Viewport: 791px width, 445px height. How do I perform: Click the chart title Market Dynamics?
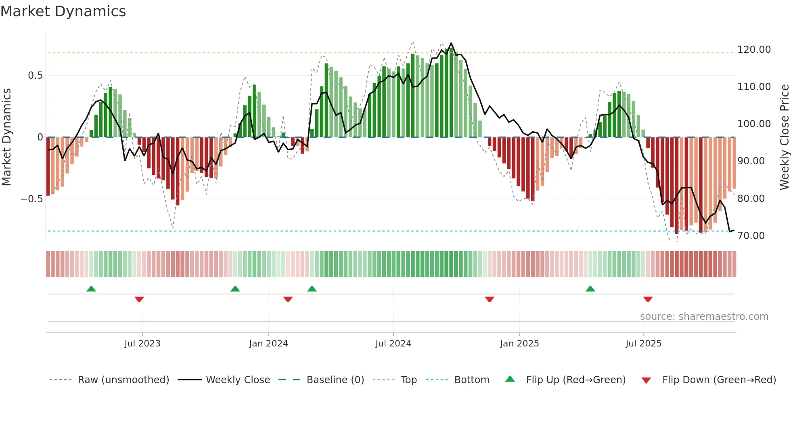point(63,11)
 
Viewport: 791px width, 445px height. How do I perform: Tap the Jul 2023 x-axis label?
point(142,344)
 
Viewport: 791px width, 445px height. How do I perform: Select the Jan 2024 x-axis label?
point(268,344)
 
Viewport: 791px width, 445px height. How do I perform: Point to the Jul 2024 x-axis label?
point(393,344)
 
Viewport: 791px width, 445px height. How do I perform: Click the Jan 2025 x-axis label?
point(519,344)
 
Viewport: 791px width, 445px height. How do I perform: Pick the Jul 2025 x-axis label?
point(643,344)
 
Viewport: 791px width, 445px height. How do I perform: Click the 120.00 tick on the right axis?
point(754,50)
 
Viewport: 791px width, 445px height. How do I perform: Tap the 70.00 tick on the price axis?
point(751,236)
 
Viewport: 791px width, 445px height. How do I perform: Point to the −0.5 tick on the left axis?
point(31,199)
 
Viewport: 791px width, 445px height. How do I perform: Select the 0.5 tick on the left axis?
point(35,76)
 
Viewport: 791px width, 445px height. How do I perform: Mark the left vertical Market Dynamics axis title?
point(6,137)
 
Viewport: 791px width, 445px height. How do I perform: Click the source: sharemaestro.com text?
point(704,317)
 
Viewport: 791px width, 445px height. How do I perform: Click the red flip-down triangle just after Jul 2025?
point(648,299)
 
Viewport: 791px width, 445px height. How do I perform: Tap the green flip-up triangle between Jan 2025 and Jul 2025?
point(590,289)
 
